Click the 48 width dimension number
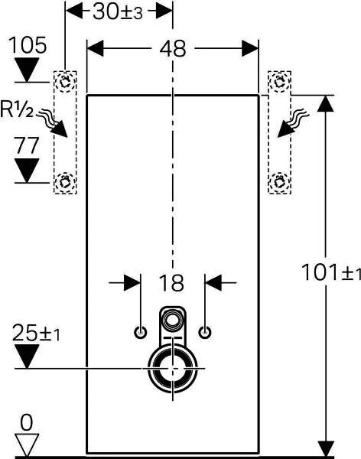click(x=172, y=49)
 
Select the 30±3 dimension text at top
click(x=118, y=12)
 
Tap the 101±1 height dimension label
click(x=331, y=272)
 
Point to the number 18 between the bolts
click(x=171, y=283)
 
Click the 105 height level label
click(x=28, y=45)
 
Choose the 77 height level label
click(x=27, y=145)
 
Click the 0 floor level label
click(x=27, y=422)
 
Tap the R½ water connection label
click(x=17, y=109)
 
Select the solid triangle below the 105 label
click(x=27, y=70)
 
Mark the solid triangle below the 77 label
click(x=27, y=171)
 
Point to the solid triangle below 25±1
click(x=27, y=356)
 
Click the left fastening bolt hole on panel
click(x=140, y=332)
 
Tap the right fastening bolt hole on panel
click(x=205, y=332)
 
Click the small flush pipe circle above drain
click(x=172, y=319)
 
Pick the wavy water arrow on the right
click(x=292, y=123)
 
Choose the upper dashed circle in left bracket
click(x=65, y=82)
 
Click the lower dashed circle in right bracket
click(x=279, y=182)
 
